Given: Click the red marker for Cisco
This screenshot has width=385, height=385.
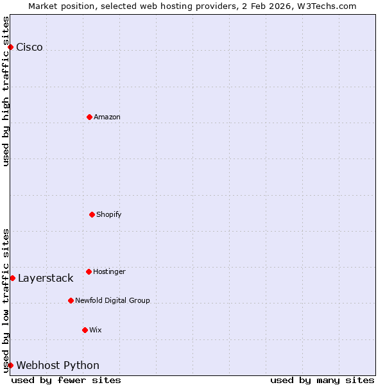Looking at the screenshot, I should (x=10, y=47).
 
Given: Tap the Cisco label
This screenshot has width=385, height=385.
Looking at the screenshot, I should (x=30, y=47).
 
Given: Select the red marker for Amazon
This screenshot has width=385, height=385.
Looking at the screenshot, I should (x=89, y=117).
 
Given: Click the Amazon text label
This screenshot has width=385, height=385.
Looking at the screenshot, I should (x=107, y=117).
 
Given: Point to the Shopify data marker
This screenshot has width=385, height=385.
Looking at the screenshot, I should (x=92, y=214).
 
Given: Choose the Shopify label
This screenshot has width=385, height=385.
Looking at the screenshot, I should (x=109, y=214).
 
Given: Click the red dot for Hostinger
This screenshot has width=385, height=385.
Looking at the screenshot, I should (x=89, y=271).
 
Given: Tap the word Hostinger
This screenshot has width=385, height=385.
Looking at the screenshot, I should (x=109, y=271).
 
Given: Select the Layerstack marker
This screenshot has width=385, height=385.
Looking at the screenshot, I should (x=12, y=278).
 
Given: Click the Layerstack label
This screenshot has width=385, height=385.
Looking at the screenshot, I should (x=46, y=278).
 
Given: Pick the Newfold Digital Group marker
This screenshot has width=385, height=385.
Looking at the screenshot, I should (x=71, y=300).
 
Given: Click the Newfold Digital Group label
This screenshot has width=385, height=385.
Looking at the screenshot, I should (x=112, y=300).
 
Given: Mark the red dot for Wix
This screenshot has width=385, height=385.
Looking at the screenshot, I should (x=85, y=330).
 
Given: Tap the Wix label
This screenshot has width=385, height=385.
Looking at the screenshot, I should (x=96, y=330).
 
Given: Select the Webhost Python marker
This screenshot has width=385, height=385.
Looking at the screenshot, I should (x=10, y=365).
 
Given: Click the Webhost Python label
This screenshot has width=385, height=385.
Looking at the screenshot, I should (x=58, y=366).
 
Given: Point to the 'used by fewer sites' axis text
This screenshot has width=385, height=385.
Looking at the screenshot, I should (x=66, y=381).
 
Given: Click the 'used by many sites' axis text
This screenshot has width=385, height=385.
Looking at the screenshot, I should (x=322, y=381).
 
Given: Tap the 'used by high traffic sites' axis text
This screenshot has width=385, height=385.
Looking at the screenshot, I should (x=6, y=91).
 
